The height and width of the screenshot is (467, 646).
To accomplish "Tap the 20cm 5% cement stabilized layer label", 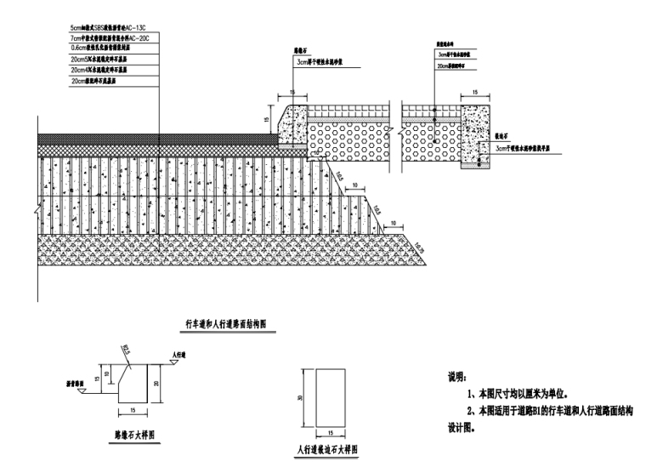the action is [x=106, y=60].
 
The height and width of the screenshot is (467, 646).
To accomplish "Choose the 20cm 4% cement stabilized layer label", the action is [x=106, y=70].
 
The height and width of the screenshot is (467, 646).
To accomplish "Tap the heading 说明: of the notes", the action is [x=457, y=376].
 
